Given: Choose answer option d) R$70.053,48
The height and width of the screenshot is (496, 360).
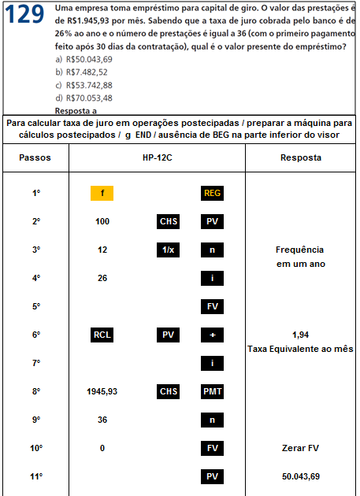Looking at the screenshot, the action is pyautogui.click(x=84, y=98).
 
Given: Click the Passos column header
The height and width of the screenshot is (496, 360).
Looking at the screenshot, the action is pyautogui.click(x=35, y=157).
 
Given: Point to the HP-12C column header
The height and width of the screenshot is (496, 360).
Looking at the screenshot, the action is pyautogui.click(x=157, y=157).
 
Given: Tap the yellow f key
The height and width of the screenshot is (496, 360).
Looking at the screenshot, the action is pyautogui.click(x=102, y=194).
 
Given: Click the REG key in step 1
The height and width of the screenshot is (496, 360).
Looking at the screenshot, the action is pyautogui.click(x=212, y=194).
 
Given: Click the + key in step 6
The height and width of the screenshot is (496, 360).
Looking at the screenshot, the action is pyautogui.click(x=212, y=335).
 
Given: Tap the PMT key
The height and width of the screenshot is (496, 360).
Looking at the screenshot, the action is pyautogui.click(x=212, y=391).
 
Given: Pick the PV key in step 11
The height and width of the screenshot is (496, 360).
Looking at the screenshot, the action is pyautogui.click(x=212, y=476).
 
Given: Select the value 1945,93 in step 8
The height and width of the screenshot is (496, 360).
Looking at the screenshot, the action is pyautogui.click(x=102, y=391).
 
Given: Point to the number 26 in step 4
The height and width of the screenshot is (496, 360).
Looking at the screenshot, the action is pyautogui.click(x=102, y=279).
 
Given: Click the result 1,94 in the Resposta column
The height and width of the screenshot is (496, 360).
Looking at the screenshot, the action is pyautogui.click(x=300, y=335).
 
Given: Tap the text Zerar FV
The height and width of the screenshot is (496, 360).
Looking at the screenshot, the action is pyautogui.click(x=300, y=448).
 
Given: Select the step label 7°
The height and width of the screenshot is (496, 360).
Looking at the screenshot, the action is pyautogui.click(x=35, y=363).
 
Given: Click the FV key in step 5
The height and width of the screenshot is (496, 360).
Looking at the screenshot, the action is pyautogui.click(x=212, y=306).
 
